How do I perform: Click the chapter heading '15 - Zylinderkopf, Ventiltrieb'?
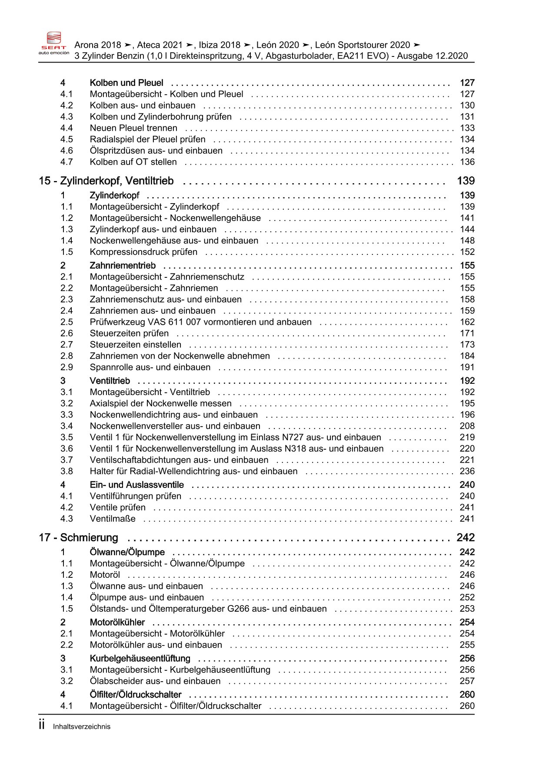point(106,181)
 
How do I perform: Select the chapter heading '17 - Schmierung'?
point(78,538)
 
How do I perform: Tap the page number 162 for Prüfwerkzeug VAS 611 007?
point(467,322)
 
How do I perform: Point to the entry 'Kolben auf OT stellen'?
point(133,162)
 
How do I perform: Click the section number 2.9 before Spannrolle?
point(67,367)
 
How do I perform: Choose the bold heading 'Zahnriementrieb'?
point(123,266)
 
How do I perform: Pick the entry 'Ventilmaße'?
point(113,519)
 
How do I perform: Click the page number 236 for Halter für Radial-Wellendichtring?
point(467,471)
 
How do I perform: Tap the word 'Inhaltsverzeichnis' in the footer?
point(82,727)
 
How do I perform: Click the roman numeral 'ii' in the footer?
point(42,725)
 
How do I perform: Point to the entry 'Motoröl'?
point(105,575)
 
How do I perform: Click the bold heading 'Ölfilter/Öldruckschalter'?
point(136,695)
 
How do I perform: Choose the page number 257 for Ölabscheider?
point(467,682)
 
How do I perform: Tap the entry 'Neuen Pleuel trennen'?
point(133,128)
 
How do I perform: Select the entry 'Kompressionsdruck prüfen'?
point(143,252)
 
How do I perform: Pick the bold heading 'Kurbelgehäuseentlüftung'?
point(140,659)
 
